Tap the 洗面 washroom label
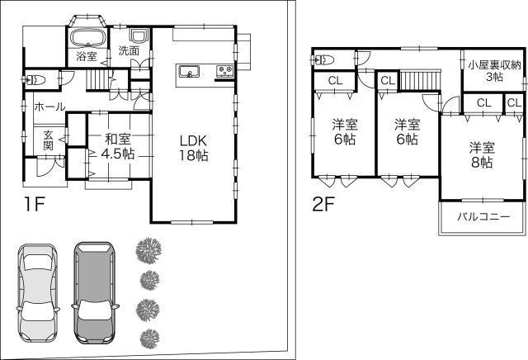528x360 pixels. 129,51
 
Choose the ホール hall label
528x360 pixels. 49,107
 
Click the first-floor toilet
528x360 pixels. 34,80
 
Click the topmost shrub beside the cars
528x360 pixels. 148,249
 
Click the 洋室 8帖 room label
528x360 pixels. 482,155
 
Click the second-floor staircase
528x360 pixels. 417,82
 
